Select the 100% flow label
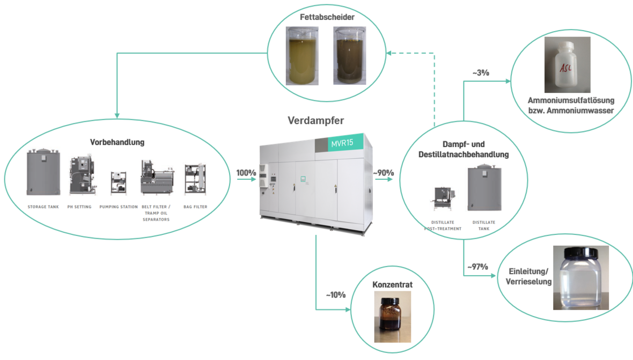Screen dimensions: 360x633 (x=246, y=173)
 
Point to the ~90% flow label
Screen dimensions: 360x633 (x=384, y=173)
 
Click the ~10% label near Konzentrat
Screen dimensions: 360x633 (x=335, y=295)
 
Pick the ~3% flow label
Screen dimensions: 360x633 (x=481, y=72)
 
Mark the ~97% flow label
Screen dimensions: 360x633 (x=477, y=267)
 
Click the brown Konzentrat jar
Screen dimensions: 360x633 (x=392, y=317)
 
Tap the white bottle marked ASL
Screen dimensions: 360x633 (x=567, y=65)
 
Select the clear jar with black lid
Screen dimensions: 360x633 (x=581, y=278)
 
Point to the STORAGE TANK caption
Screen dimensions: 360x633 (x=43, y=207)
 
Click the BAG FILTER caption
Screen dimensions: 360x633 (x=195, y=207)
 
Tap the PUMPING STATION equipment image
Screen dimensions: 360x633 (x=118, y=182)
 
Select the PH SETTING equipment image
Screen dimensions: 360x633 (x=82, y=175)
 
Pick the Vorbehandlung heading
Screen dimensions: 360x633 (x=117, y=142)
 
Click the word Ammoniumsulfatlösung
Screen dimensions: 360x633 (x=571, y=100)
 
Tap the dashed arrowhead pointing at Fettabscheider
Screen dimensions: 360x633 (x=391, y=53)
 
